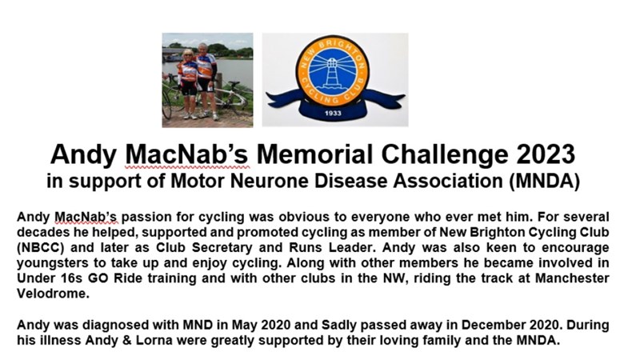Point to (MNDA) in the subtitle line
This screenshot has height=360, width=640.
(x=545, y=182)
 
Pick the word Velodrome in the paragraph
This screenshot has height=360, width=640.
(x=53, y=293)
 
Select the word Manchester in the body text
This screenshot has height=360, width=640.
(x=572, y=278)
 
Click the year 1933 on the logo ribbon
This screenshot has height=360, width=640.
(x=333, y=113)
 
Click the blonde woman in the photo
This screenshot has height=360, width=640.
(x=188, y=84)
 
